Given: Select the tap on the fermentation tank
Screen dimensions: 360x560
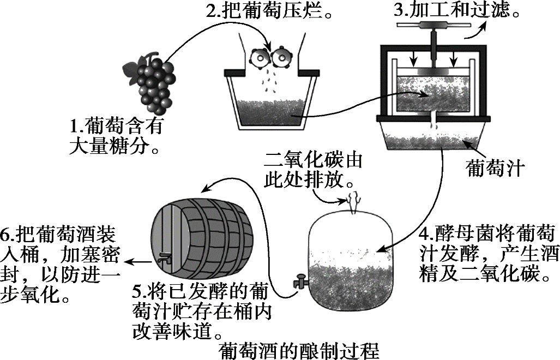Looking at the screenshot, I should pyautogui.click(x=299, y=283).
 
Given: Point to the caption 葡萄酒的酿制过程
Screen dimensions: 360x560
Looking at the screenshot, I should pyautogui.click(x=298, y=350).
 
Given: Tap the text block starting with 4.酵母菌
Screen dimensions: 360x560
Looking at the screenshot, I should pyautogui.click(x=487, y=253).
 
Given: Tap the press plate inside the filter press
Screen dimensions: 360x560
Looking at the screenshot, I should pyautogui.click(x=435, y=71).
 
